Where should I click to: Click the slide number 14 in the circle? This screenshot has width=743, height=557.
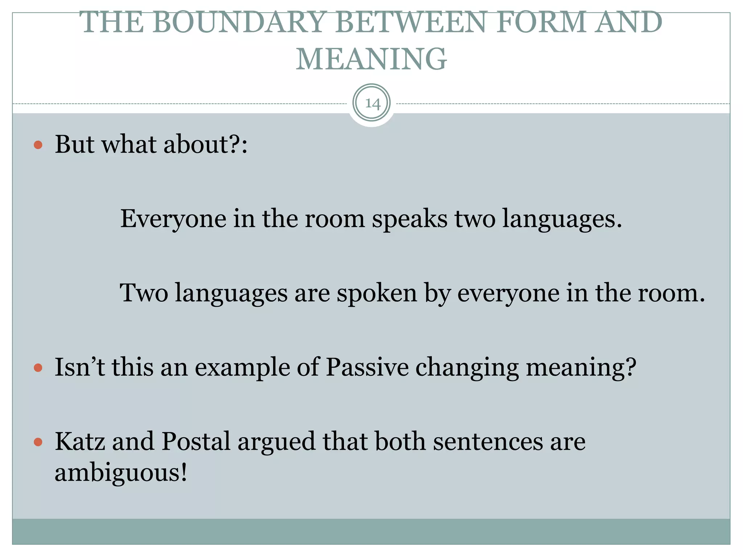click(x=372, y=103)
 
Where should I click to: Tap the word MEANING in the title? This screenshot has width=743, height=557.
click(x=371, y=59)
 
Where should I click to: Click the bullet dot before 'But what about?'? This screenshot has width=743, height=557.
click(x=38, y=145)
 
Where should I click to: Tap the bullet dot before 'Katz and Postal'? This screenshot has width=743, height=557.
click(x=38, y=442)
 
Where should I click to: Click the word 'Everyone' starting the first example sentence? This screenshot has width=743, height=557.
click(x=173, y=219)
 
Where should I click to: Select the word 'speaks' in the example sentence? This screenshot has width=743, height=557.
click(x=410, y=219)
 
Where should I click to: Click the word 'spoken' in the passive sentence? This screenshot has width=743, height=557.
click(x=377, y=293)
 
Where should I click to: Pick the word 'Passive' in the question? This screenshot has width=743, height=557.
click(x=367, y=367)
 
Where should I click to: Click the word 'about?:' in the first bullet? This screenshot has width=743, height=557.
click(x=205, y=145)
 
